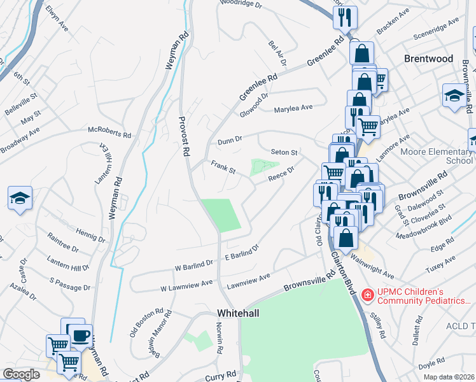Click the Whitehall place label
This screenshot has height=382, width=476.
click(239, 313)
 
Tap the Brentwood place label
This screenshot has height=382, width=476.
click(429, 59)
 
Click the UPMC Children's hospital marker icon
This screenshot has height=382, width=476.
click(367, 295)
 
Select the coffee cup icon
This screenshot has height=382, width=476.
click(80, 335)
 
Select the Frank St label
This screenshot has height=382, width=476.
click(223, 168)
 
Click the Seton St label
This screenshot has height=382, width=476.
click(284, 153)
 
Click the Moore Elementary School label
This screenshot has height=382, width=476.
click(438, 156)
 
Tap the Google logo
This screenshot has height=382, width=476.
click(21, 374)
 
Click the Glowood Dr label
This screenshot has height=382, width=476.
click(254, 108)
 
